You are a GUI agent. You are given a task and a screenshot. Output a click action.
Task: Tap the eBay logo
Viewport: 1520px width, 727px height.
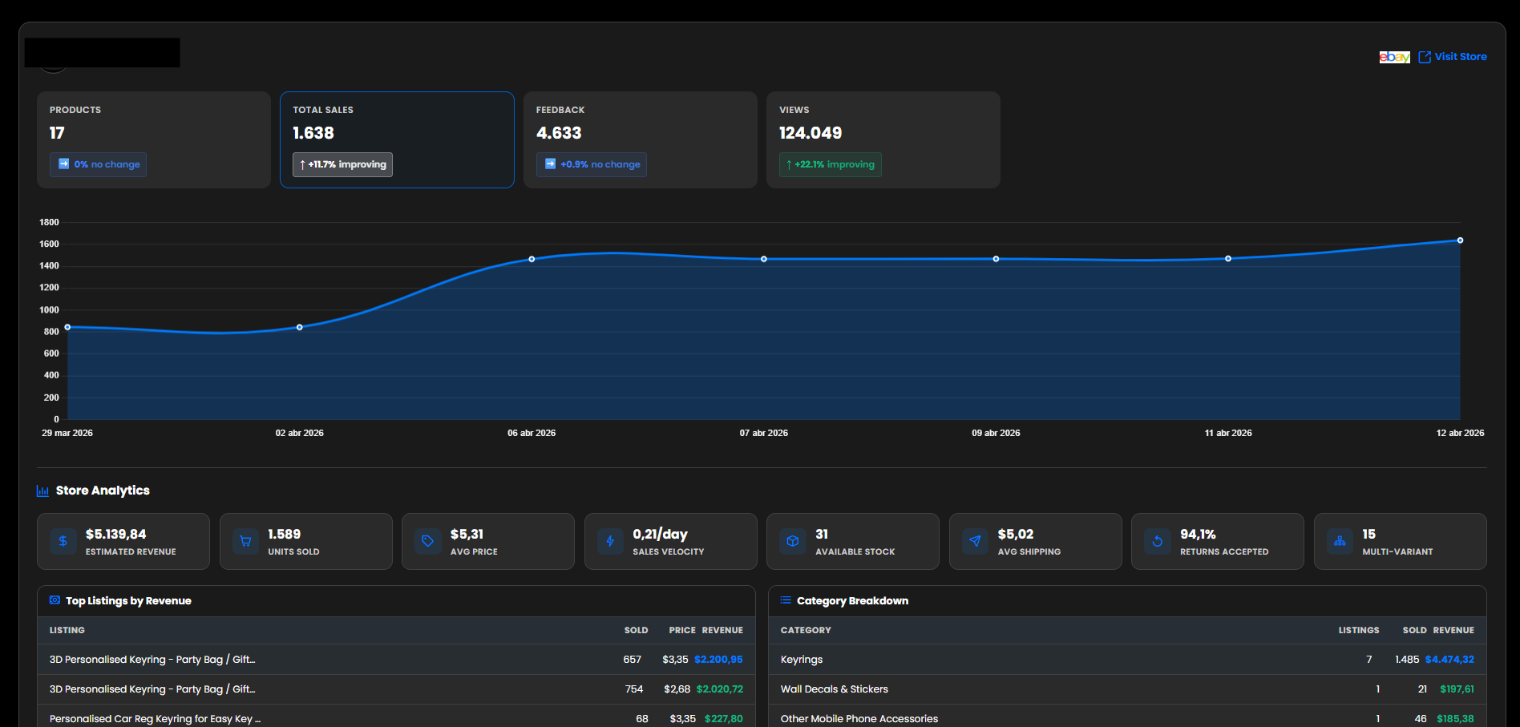[1394, 57]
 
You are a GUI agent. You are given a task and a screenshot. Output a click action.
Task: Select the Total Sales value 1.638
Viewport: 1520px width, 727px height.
[313, 133]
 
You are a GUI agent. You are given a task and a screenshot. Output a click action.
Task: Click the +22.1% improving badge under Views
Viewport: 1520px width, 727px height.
[830, 164]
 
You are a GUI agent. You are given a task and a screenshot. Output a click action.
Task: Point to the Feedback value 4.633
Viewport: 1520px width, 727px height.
[559, 133]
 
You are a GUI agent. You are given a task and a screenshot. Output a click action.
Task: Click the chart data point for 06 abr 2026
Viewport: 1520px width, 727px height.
[532, 259]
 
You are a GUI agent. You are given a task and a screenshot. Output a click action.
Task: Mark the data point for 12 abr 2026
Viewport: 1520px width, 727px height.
[1460, 240]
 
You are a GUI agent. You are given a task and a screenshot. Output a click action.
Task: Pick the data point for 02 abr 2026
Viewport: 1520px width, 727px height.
[300, 327]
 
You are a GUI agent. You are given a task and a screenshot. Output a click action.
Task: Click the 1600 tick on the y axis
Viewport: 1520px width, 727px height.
[49, 244]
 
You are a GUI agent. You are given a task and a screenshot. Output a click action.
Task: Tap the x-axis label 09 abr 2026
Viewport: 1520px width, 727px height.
[996, 433]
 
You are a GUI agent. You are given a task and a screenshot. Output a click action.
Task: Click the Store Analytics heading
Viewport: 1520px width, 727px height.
[103, 491]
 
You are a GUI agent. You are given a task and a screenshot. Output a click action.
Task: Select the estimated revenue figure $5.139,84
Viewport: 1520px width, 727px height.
[116, 534]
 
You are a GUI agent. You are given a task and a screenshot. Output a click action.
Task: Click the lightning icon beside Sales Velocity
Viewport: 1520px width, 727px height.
[610, 541]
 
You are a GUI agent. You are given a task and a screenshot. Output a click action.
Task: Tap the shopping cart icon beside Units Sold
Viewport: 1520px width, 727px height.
[245, 541]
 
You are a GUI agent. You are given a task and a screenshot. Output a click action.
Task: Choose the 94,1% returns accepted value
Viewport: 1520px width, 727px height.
[1198, 534]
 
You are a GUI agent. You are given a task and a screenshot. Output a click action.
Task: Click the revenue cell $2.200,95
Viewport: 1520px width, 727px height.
[718, 660]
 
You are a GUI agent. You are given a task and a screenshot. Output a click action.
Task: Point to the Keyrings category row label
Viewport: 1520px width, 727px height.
[802, 660]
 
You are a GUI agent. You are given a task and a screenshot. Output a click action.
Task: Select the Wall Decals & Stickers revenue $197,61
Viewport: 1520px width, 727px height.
[1457, 689]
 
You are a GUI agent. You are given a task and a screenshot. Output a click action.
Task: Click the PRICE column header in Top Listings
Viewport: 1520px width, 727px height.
[682, 630]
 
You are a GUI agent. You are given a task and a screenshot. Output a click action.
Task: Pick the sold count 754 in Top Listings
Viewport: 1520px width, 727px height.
[634, 689]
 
